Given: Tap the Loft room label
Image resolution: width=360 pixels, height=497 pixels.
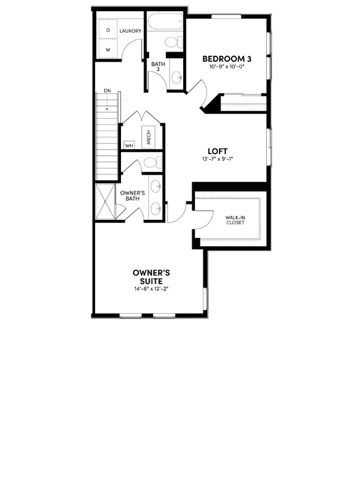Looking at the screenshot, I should [217, 151].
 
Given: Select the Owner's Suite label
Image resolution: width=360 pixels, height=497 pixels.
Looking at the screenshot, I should [151, 277].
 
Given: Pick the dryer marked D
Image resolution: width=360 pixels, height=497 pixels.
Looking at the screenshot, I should [108, 30].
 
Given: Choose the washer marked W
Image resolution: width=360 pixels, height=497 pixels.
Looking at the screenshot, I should [108, 48].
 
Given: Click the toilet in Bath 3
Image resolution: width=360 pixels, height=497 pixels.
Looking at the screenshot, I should [173, 42].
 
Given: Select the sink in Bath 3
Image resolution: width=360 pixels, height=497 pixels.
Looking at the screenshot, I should [176, 78].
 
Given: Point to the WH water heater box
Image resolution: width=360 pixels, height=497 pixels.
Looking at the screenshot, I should [129, 145].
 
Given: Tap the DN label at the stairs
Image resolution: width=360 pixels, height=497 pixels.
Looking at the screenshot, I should [107, 91].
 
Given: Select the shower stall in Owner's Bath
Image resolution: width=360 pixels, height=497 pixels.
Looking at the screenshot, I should [106, 202].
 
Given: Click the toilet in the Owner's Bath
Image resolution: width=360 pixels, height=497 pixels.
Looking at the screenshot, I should [150, 163].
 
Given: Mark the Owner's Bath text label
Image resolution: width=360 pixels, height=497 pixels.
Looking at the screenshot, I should [132, 196].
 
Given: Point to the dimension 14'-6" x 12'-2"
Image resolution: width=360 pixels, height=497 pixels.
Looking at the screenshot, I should [151, 289].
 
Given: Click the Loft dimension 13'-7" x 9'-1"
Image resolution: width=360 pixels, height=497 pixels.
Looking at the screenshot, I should [217, 159].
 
